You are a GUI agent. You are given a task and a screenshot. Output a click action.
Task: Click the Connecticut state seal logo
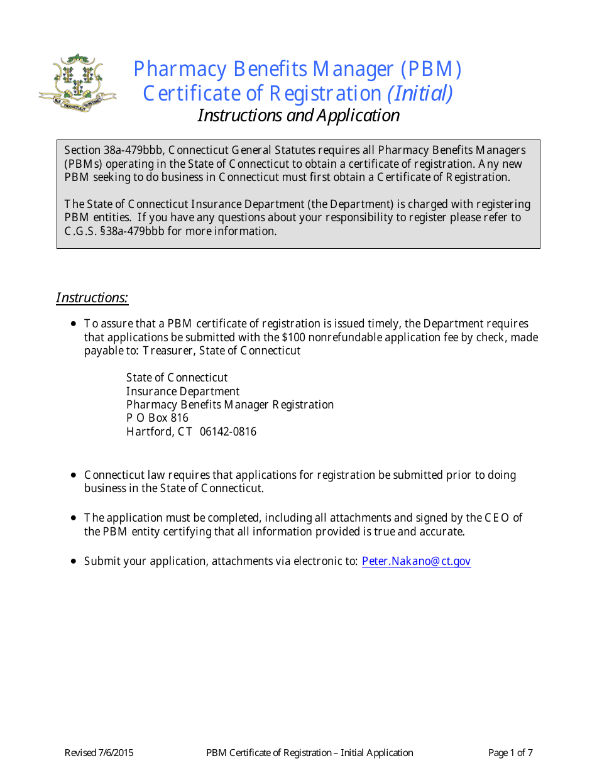click(77, 83)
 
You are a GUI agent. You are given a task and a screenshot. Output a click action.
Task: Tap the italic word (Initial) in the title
click(420, 93)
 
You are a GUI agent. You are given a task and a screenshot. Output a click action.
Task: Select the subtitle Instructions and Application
click(298, 116)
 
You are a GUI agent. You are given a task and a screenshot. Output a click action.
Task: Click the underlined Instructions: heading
click(92, 297)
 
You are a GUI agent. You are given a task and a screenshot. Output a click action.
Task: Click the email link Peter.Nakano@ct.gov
click(416, 561)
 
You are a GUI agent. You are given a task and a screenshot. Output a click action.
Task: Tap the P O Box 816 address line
click(157, 418)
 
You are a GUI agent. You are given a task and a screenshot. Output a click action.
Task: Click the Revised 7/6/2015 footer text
click(99, 753)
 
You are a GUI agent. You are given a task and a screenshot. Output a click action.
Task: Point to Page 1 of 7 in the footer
click(510, 753)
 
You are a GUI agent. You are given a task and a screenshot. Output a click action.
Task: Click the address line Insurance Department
click(183, 392)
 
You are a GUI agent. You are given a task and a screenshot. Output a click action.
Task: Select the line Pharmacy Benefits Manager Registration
click(230, 405)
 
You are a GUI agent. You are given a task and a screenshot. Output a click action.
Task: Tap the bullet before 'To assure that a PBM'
click(74, 324)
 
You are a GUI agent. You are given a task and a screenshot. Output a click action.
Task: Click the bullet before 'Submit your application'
click(74, 561)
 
